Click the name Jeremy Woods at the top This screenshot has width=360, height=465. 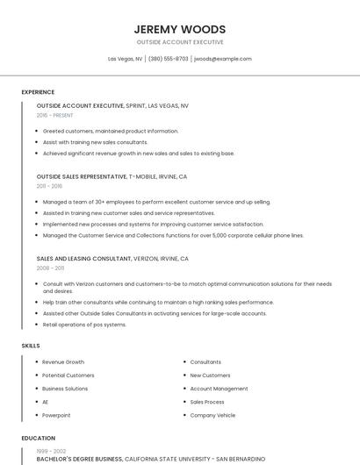(x=179, y=29)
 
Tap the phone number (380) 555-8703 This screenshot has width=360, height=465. (x=168, y=59)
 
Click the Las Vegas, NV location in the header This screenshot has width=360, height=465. (x=125, y=59)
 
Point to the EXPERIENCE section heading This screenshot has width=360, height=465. (x=38, y=92)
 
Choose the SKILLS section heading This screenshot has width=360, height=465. (x=31, y=346)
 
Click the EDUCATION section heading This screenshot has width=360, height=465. (x=39, y=438)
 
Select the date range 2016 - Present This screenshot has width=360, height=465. (x=54, y=115)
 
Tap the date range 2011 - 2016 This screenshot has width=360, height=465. (x=49, y=186)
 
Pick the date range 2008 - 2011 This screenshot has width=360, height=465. (x=50, y=268)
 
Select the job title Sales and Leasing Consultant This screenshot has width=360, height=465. (x=83, y=259)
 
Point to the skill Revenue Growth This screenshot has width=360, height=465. (x=63, y=362)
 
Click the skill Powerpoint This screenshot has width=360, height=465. (x=56, y=415)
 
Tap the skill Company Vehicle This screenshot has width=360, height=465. (x=212, y=415)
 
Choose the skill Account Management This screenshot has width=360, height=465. (x=219, y=389)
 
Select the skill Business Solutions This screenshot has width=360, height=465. (x=65, y=389)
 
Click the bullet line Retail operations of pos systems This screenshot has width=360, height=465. (x=84, y=325)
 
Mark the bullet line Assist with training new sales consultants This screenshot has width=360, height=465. (x=95, y=142)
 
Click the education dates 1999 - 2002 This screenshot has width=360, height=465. (x=51, y=450)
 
